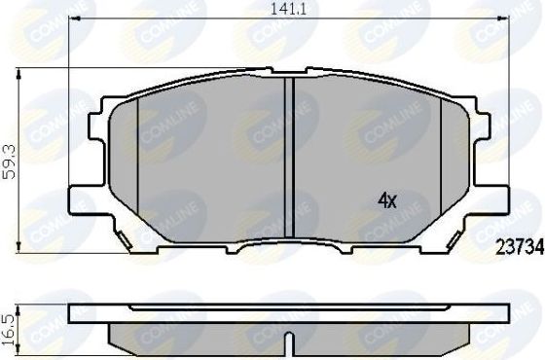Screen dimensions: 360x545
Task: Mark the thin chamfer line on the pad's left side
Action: (x=139, y=156)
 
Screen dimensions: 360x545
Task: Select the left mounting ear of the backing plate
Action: (x=88, y=161)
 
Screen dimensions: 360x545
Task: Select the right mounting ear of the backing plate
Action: (x=491, y=161)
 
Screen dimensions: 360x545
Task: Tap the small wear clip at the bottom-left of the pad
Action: (x=123, y=238)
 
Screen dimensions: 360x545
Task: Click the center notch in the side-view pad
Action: (x=290, y=343)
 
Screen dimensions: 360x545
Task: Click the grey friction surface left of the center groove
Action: (x=214, y=165)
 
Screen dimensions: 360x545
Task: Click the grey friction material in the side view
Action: (x=195, y=337)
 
